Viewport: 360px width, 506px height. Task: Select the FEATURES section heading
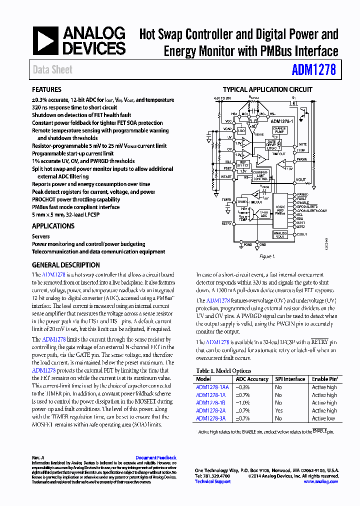coord(46,90)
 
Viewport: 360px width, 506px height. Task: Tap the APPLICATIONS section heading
coord(53,226)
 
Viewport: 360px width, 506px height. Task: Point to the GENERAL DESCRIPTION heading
coord(65,265)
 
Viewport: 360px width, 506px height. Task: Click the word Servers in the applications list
coord(41,236)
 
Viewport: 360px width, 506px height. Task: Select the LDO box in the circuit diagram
coord(241,130)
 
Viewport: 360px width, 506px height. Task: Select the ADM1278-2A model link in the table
coord(210,410)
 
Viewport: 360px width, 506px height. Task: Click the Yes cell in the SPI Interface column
coord(278,410)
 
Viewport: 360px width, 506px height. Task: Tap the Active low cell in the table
coord(324,418)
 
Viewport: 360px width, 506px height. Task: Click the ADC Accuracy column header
coord(254,379)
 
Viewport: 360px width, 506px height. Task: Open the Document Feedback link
coord(155,457)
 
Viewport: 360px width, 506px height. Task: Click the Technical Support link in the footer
coord(212,481)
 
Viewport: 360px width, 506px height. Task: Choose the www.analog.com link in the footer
coord(321,481)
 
